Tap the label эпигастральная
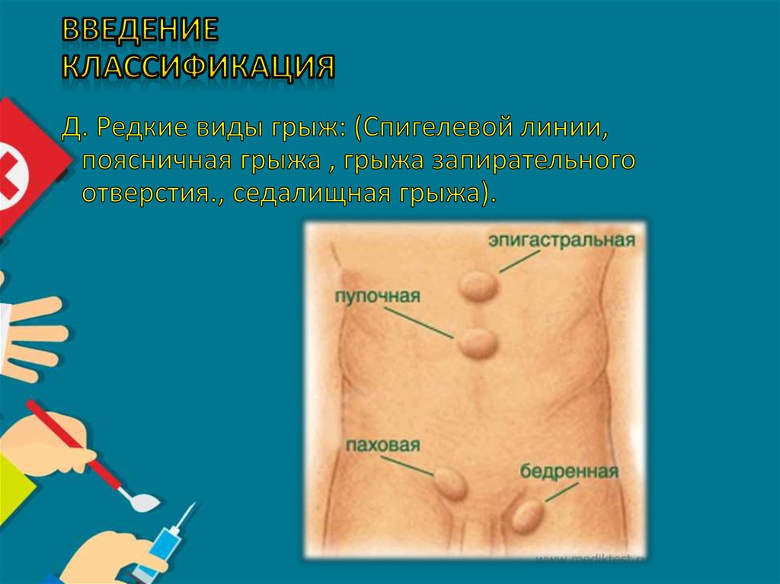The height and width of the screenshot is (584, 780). [561, 241]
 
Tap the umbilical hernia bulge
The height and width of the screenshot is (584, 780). [478, 343]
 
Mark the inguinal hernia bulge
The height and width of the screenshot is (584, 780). [449, 483]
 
